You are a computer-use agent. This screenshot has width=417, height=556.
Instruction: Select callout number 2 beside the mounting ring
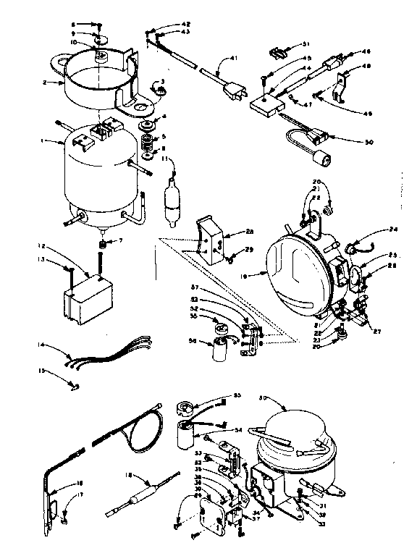45,83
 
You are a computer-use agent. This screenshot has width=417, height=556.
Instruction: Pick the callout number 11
165,158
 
